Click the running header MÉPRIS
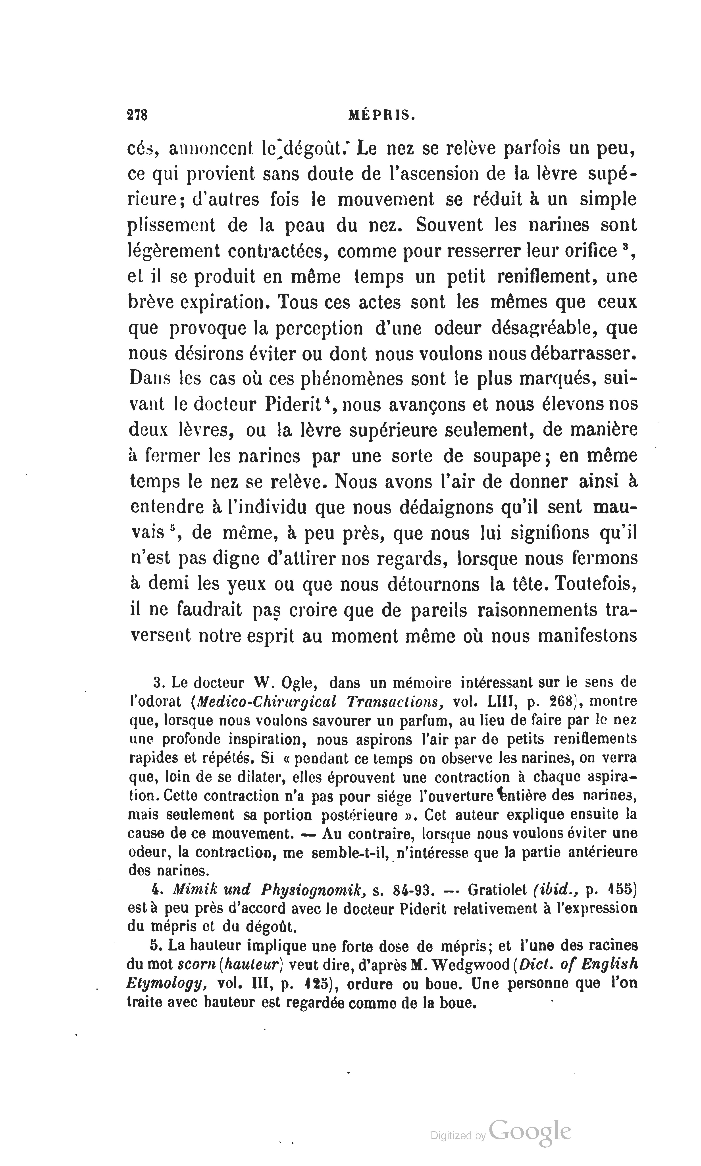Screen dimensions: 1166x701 (382, 115)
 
